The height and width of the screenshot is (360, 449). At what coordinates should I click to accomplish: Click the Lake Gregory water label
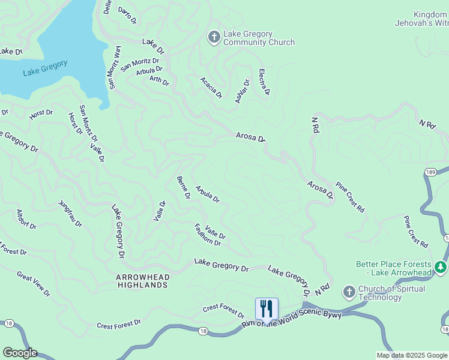[x=44, y=68]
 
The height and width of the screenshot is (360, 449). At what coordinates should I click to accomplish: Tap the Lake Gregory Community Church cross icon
[x=214, y=38]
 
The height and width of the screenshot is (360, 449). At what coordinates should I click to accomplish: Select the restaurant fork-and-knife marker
[x=267, y=309]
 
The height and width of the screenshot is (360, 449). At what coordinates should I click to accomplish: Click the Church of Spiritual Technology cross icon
[x=349, y=292]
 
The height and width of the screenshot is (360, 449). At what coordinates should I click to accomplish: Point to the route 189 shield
[x=430, y=172]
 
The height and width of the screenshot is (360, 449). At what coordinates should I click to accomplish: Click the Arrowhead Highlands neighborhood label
[x=142, y=281]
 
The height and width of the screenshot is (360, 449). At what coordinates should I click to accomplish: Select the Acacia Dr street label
[x=211, y=88]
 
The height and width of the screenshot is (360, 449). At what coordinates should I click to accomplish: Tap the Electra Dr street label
[x=264, y=82]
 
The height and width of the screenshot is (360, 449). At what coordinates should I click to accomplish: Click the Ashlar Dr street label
[x=242, y=91]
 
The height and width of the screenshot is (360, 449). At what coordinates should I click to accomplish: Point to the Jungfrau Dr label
[x=70, y=213]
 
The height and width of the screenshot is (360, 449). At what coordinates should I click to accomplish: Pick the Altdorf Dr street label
[x=27, y=220]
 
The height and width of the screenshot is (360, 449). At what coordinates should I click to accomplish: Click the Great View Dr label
[x=34, y=284]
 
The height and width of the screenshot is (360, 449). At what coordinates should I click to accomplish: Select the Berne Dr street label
[x=183, y=188]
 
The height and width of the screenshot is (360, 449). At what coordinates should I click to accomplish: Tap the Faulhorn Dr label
[x=208, y=235]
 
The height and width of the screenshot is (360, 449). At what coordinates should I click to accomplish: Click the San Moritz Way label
[x=114, y=67]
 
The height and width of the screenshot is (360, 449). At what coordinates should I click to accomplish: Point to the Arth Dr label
[x=159, y=80]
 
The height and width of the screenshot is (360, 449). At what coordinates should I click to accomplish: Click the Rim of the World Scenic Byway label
[x=291, y=320]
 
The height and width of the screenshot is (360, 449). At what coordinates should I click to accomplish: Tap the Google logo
[x=19, y=353]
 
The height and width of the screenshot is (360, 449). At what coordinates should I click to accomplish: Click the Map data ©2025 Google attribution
[x=412, y=355]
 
